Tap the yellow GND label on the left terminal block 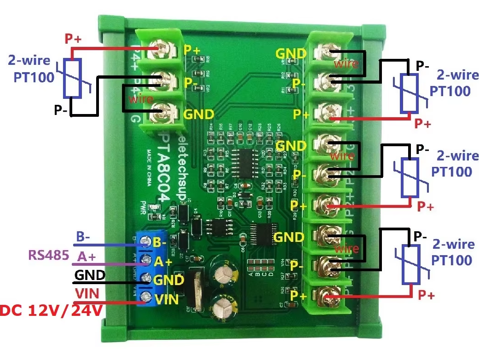click(x=198, y=113)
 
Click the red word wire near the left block click(x=139, y=98)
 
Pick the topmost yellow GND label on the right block click(x=291, y=53)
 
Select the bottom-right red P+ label click(x=426, y=295)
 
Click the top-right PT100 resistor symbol click(x=408, y=93)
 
